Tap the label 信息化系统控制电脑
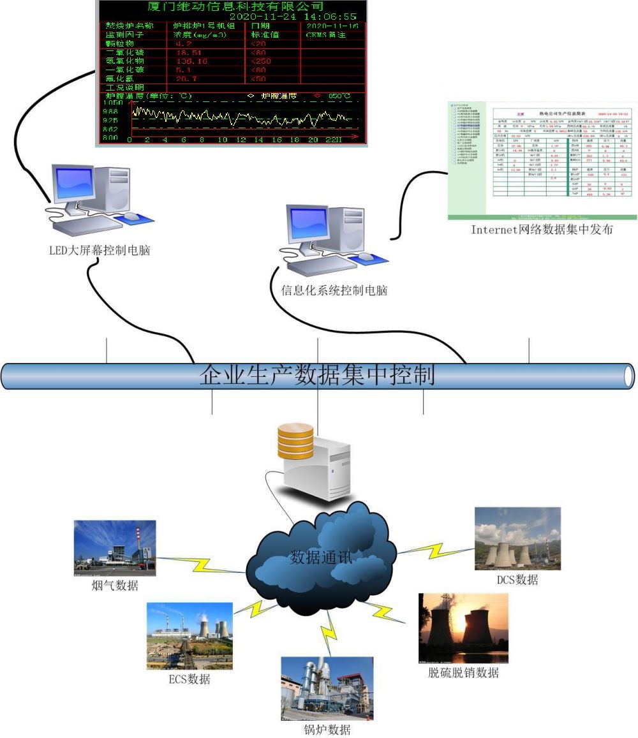click(334, 291)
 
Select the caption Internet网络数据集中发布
click(542, 230)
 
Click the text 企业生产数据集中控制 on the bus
click(317, 375)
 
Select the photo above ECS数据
click(189, 635)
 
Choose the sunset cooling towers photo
click(463, 628)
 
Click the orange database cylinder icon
click(295, 441)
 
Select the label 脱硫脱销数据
click(463, 673)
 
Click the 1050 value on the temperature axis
click(113, 102)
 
